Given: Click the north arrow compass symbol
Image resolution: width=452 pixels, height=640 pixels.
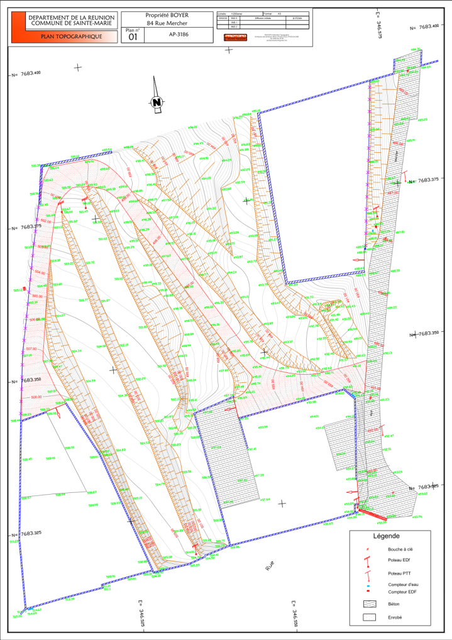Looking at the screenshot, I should pyautogui.click(x=157, y=101).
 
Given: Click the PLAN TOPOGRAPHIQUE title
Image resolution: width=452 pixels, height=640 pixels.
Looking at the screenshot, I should pyautogui.click(x=70, y=37).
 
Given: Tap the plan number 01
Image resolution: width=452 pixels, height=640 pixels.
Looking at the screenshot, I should pyautogui.click(x=133, y=37).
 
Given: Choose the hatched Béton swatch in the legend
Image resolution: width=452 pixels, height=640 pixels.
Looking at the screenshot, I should pyautogui.click(x=368, y=604).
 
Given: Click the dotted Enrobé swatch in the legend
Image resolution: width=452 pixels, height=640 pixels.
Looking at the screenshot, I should pyautogui.click(x=368, y=617).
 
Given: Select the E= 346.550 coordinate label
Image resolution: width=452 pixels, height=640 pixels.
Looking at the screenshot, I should pyautogui.click(x=294, y=613).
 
